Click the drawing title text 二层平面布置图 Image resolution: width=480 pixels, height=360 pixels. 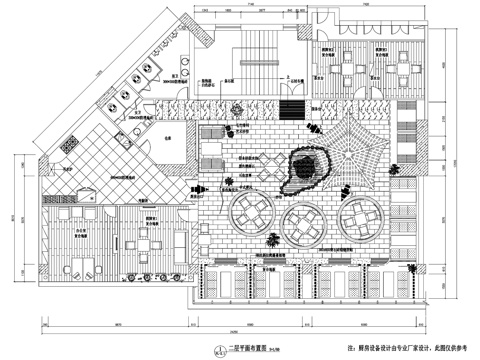(x=241, y=348)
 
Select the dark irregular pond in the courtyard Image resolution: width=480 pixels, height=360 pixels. (x=311, y=167)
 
